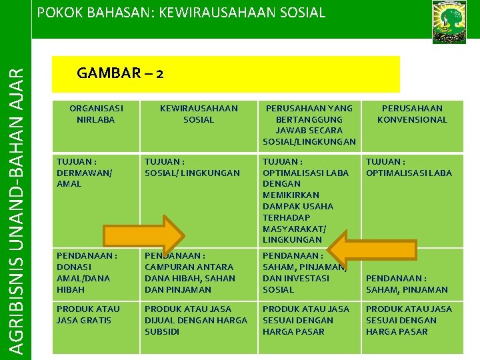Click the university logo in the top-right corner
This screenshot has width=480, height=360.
point(449,21)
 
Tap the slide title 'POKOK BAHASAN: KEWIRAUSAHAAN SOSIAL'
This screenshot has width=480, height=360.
point(181,13)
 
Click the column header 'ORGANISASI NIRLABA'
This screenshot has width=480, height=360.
point(96,114)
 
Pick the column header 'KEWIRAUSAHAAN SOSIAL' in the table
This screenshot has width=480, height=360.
point(199,114)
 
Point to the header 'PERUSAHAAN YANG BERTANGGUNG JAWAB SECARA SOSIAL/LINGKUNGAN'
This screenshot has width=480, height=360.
point(309,125)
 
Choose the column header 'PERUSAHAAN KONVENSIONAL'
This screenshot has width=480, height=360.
point(412,114)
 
